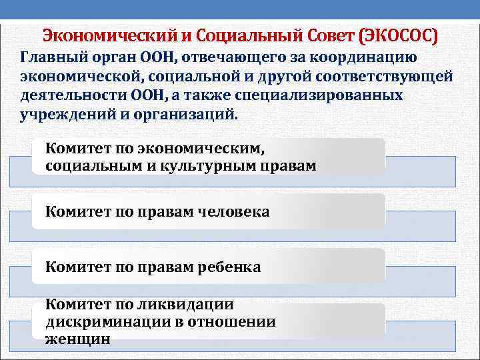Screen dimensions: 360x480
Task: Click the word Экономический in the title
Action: [109, 35]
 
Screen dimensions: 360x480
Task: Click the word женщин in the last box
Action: [78, 339]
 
